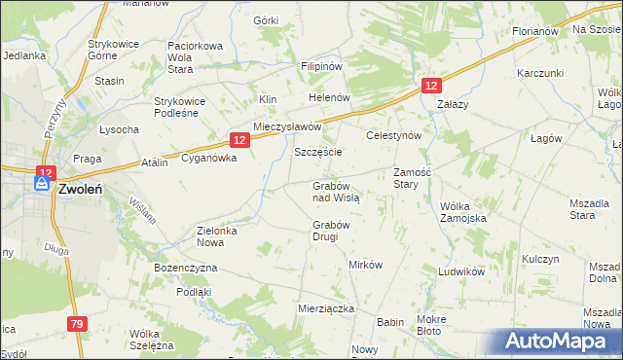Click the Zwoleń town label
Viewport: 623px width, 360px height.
point(82,191)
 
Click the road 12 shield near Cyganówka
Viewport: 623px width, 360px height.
point(242,140)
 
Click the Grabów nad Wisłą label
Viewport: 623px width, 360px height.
point(336,191)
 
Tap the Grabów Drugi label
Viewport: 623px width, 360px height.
point(331,231)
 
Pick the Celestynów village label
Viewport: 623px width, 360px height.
point(392,136)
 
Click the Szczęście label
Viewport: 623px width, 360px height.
point(317,153)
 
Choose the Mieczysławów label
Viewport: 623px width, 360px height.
point(287,127)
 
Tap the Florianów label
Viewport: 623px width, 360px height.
point(534,31)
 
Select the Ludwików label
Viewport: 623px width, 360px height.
point(461,271)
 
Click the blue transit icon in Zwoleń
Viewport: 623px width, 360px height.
point(43,182)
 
